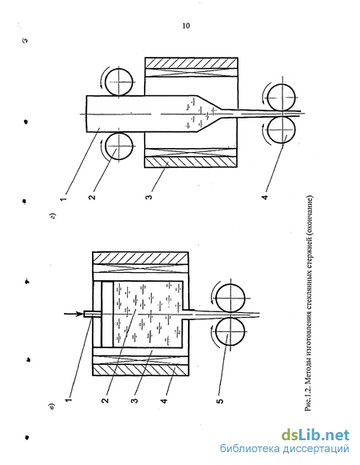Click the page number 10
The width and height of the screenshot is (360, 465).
(186, 26)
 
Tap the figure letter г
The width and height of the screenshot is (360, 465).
(53, 216)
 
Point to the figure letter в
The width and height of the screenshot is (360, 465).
(52, 407)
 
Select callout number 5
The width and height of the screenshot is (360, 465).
(220, 400)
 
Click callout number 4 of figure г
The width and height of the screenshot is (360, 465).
(265, 197)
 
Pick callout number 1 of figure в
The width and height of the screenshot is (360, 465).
(69, 400)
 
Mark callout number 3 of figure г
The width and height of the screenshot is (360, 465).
(149, 196)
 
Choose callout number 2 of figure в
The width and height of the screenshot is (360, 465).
(105, 400)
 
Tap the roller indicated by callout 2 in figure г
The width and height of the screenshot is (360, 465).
(119, 146)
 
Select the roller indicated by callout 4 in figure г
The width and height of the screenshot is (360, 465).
(281, 130)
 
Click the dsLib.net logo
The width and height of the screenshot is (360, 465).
(315, 435)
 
